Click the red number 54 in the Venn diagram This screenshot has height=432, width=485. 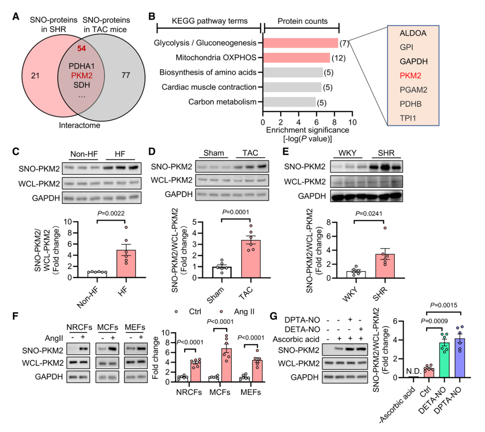point(81,48)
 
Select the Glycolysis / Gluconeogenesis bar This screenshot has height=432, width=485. point(300,43)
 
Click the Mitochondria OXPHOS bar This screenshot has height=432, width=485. point(296,58)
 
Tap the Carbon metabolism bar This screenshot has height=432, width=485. point(289,102)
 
